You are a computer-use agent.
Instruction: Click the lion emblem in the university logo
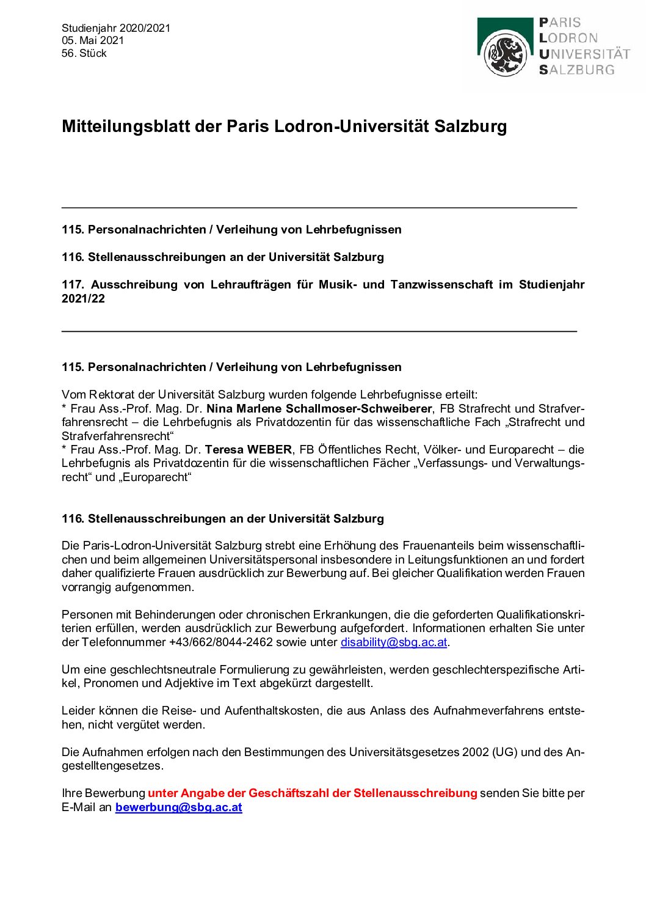tap(505, 54)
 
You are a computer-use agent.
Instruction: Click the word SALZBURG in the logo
tap(577, 70)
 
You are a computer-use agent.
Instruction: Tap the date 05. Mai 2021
tap(93, 40)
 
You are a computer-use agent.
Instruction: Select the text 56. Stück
tap(84, 53)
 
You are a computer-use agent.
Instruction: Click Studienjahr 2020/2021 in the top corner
tap(116, 28)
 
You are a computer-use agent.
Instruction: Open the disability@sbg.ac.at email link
tap(394, 642)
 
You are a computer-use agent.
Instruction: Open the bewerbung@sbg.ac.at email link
tap(178, 807)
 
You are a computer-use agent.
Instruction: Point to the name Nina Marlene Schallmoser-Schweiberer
tap(319, 408)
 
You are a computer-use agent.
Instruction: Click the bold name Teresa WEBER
tap(249, 450)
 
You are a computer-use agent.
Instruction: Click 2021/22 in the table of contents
tap(83, 299)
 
